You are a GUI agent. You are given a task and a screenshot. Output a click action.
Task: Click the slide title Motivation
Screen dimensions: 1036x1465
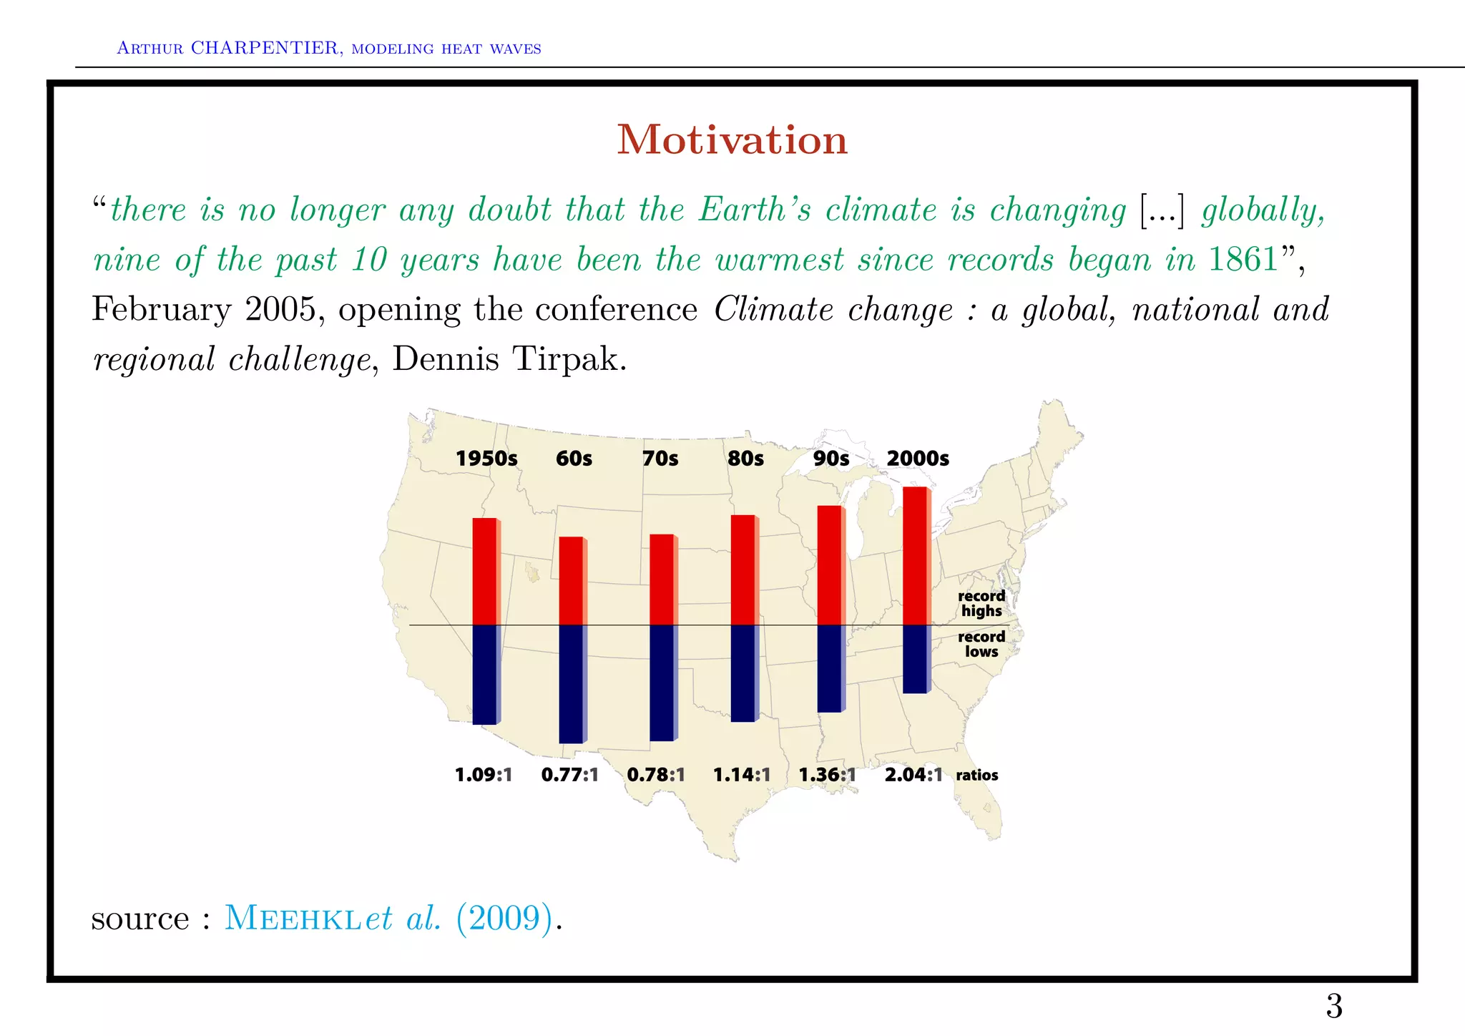click(x=732, y=140)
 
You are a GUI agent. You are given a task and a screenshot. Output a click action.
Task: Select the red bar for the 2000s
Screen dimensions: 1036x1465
click(x=916, y=555)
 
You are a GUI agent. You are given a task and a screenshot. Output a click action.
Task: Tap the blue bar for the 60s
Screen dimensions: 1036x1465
click(x=571, y=683)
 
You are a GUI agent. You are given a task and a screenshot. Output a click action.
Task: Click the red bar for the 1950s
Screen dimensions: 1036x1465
click(x=485, y=571)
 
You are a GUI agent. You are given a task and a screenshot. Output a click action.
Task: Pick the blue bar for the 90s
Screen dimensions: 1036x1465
click(x=830, y=668)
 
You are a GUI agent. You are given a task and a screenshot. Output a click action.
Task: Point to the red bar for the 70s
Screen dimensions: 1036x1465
click(x=662, y=580)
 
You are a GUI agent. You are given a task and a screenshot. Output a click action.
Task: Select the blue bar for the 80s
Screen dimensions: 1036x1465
click(x=743, y=673)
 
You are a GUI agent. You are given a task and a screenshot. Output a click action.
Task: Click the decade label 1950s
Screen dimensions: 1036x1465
click(x=486, y=459)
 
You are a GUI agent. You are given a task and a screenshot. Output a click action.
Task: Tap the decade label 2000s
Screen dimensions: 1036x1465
click(x=918, y=459)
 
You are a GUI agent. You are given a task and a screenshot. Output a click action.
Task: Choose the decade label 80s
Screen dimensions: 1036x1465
click(x=745, y=459)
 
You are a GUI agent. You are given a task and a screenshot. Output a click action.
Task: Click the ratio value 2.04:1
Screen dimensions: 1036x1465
click(x=913, y=775)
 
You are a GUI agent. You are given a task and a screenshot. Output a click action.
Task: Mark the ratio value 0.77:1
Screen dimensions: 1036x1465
click(x=569, y=775)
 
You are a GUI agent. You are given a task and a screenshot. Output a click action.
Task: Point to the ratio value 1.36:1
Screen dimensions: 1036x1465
click(x=827, y=775)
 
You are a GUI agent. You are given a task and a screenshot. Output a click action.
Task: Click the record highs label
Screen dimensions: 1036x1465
click(x=981, y=603)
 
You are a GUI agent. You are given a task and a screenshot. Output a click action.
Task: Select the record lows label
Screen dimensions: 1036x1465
click(x=981, y=644)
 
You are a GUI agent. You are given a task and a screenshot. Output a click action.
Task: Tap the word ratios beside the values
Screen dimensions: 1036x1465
click(x=977, y=775)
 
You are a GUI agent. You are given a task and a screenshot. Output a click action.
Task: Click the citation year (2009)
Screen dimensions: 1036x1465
click(x=505, y=918)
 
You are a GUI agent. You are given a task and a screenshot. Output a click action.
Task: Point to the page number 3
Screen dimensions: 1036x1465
click(x=1334, y=1006)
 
